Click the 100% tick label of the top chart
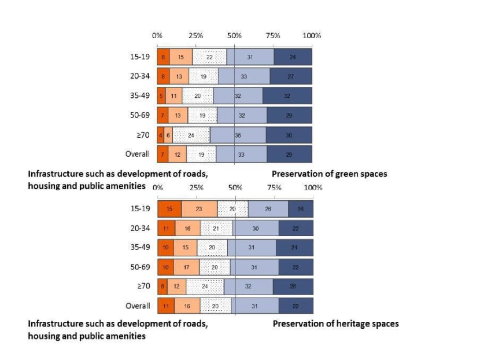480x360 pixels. (x=312, y=36)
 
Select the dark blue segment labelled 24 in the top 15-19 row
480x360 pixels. (x=293, y=57)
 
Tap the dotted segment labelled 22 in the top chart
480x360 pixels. (x=209, y=57)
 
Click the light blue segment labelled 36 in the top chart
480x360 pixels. (x=238, y=135)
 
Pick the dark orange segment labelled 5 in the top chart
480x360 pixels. (x=161, y=95)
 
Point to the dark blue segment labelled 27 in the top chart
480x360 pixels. (x=291, y=76)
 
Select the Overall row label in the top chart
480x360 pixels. (x=138, y=154)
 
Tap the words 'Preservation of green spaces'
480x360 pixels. (x=329, y=174)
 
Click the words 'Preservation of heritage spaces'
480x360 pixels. (x=335, y=324)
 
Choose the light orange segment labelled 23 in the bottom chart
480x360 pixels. (x=199, y=209)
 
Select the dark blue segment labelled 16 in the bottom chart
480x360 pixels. (x=301, y=209)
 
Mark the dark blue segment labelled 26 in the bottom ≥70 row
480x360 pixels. (x=293, y=286)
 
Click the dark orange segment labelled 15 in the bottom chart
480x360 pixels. (x=169, y=209)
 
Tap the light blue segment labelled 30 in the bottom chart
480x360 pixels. (x=256, y=229)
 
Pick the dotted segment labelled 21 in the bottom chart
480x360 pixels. (x=216, y=229)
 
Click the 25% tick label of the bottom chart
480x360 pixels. (x=197, y=188)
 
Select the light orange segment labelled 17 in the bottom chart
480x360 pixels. (x=186, y=267)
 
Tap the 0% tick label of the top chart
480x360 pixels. (x=157, y=36)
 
